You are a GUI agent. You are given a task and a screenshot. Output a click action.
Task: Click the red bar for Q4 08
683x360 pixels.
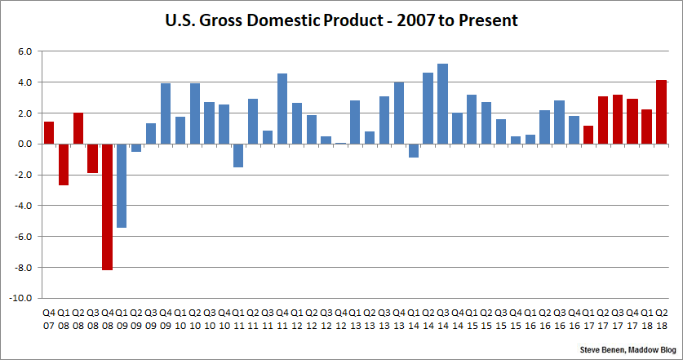tap(107, 207)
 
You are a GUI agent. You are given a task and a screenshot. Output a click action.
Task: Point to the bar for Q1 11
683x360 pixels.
tap(238, 155)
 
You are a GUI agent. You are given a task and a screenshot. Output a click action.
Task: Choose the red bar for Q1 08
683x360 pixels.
tap(64, 164)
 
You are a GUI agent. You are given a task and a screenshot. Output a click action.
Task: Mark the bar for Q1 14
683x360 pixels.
tap(414, 150)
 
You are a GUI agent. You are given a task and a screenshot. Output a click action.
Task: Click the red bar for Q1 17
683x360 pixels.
tap(588, 135)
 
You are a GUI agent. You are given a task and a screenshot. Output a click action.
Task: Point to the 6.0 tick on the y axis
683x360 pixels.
tap(24, 51)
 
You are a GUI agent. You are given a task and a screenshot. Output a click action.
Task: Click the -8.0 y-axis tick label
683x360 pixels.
tap(22, 268)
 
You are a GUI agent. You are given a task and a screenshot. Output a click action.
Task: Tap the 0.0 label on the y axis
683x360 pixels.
tap(24, 144)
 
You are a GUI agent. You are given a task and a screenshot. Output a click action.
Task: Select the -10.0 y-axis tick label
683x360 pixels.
tap(20, 299)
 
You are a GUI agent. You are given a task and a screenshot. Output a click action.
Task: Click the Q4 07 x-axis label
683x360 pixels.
tap(49, 318)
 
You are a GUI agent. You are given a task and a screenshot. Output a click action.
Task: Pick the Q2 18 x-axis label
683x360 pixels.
tap(662, 318)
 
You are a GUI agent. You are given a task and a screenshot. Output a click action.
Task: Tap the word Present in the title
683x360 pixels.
tap(489, 18)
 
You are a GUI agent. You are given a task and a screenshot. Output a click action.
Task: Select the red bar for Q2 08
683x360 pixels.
tap(78, 128)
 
